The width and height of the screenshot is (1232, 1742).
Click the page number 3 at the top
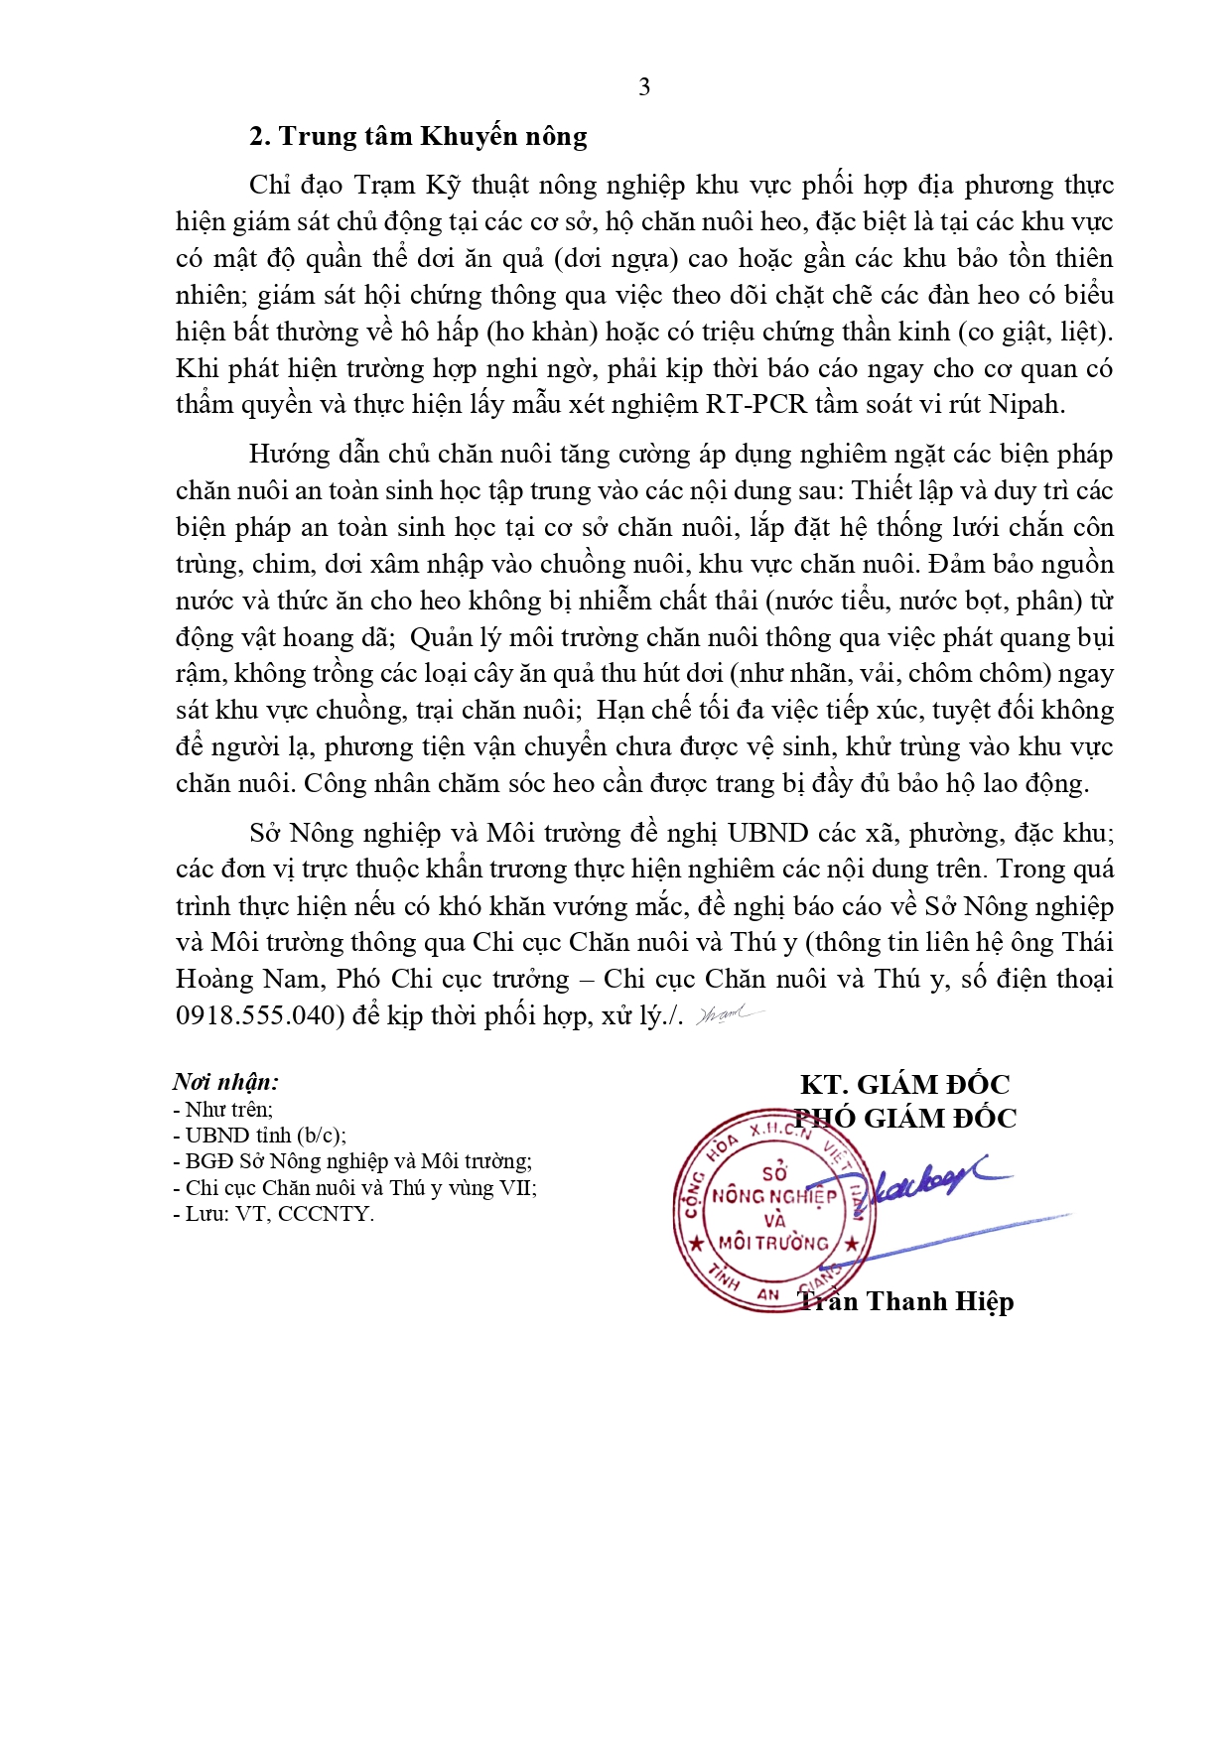pyautogui.click(x=644, y=87)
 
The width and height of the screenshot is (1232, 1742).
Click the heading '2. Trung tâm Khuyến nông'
pyautogui.click(x=418, y=136)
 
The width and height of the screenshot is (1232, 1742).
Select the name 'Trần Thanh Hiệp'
pyautogui.click(x=905, y=1301)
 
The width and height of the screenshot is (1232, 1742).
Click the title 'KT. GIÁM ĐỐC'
pyautogui.click(x=904, y=1084)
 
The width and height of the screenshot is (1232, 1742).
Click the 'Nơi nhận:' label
pyautogui.click(x=225, y=1082)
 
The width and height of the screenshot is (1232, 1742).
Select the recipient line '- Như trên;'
pyautogui.click(x=223, y=1110)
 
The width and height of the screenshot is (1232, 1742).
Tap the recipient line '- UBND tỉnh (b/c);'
pyautogui.click(x=259, y=1136)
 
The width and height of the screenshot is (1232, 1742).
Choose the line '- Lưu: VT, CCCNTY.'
pyautogui.click(x=274, y=1214)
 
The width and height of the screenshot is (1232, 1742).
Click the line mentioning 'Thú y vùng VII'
pyautogui.click(x=355, y=1188)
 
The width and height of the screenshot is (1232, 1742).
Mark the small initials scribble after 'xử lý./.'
pyautogui.click(x=729, y=1014)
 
